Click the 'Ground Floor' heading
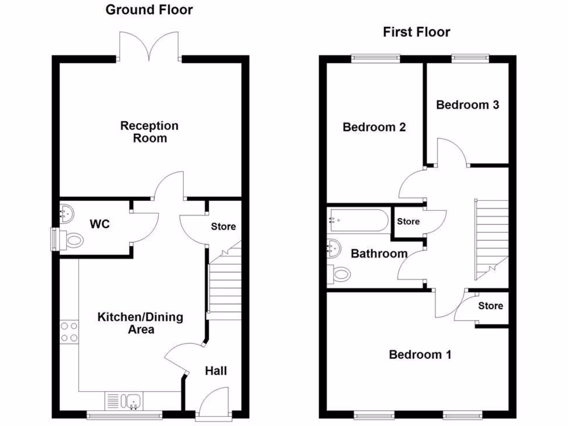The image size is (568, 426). click(149, 9)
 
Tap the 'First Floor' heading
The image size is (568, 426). click(416, 32)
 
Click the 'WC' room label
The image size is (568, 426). click(100, 224)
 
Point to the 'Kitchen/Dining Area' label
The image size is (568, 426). click(140, 323)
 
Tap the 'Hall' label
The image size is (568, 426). click(216, 371)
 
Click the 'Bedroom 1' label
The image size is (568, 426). click(420, 354)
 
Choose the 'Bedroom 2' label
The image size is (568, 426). click(374, 127)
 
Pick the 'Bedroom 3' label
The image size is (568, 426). click(467, 105)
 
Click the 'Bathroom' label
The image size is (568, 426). click(379, 254)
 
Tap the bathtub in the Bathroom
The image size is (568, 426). click(358, 220)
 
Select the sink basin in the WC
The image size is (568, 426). click(67, 213)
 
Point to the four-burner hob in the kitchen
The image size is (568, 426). click(69, 332)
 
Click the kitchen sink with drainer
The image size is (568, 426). click(124, 400)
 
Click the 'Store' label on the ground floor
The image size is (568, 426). click(224, 226)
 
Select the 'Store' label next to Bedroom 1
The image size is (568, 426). click(490, 306)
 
